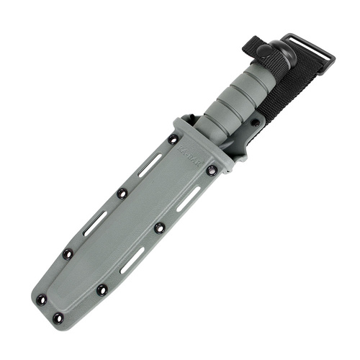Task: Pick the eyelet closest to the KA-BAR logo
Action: (173, 139)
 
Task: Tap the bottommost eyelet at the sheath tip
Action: (58, 318)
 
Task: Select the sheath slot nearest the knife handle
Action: (150, 164)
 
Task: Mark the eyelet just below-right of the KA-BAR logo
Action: (211, 171)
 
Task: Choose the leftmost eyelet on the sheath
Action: (40, 299)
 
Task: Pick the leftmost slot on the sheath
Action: (93, 224)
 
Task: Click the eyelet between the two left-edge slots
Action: (122, 193)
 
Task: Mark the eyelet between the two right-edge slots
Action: (160, 228)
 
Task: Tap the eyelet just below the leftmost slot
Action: (68, 254)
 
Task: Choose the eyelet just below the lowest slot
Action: (102, 290)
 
